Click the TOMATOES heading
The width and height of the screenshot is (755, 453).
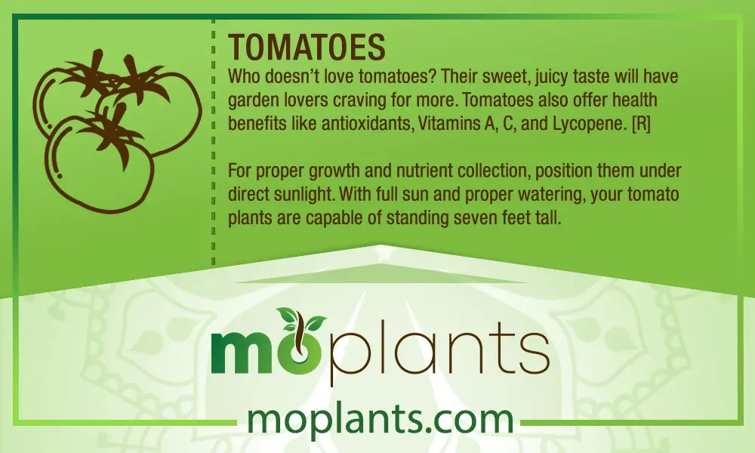pyautogui.click(x=307, y=47)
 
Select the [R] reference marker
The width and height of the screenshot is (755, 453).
pyautogui.click(x=641, y=124)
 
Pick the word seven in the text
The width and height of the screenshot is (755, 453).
pyautogui.click(x=470, y=218)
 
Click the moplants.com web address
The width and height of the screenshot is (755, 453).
pyautogui.click(x=380, y=420)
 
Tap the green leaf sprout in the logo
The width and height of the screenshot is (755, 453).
pyautogui.click(x=301, y=320)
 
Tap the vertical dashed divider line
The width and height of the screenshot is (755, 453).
pyautogui.click(x=214, y=143)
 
